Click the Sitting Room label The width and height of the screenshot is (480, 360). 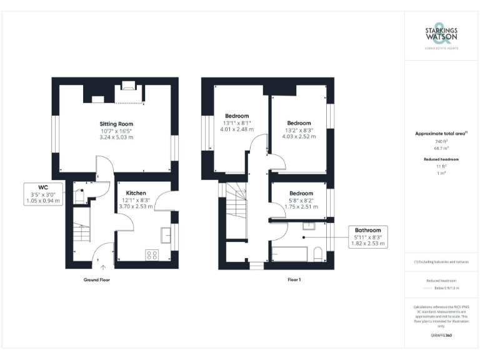(x=116, y=124)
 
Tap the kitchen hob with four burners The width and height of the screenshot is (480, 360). (x=151, y=254)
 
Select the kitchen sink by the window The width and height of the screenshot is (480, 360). (x=167, y=235)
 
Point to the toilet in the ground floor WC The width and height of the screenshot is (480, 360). (x=79, y=196)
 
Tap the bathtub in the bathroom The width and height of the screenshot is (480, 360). (x=289, y=254)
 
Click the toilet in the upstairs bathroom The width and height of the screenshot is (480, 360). (x=318, y=254)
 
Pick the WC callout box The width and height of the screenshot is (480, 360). (x=43, y=194)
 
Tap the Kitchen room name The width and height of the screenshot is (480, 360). (x=136, y=192)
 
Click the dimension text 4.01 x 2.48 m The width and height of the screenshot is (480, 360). (x=237, y=130)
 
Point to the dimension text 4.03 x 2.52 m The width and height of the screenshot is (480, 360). (x=299, y=136)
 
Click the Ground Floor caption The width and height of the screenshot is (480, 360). (x=97, y=280)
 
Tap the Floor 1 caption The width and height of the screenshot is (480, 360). (x=294, y=280)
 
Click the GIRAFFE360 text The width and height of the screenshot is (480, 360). (x=441, y=336)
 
